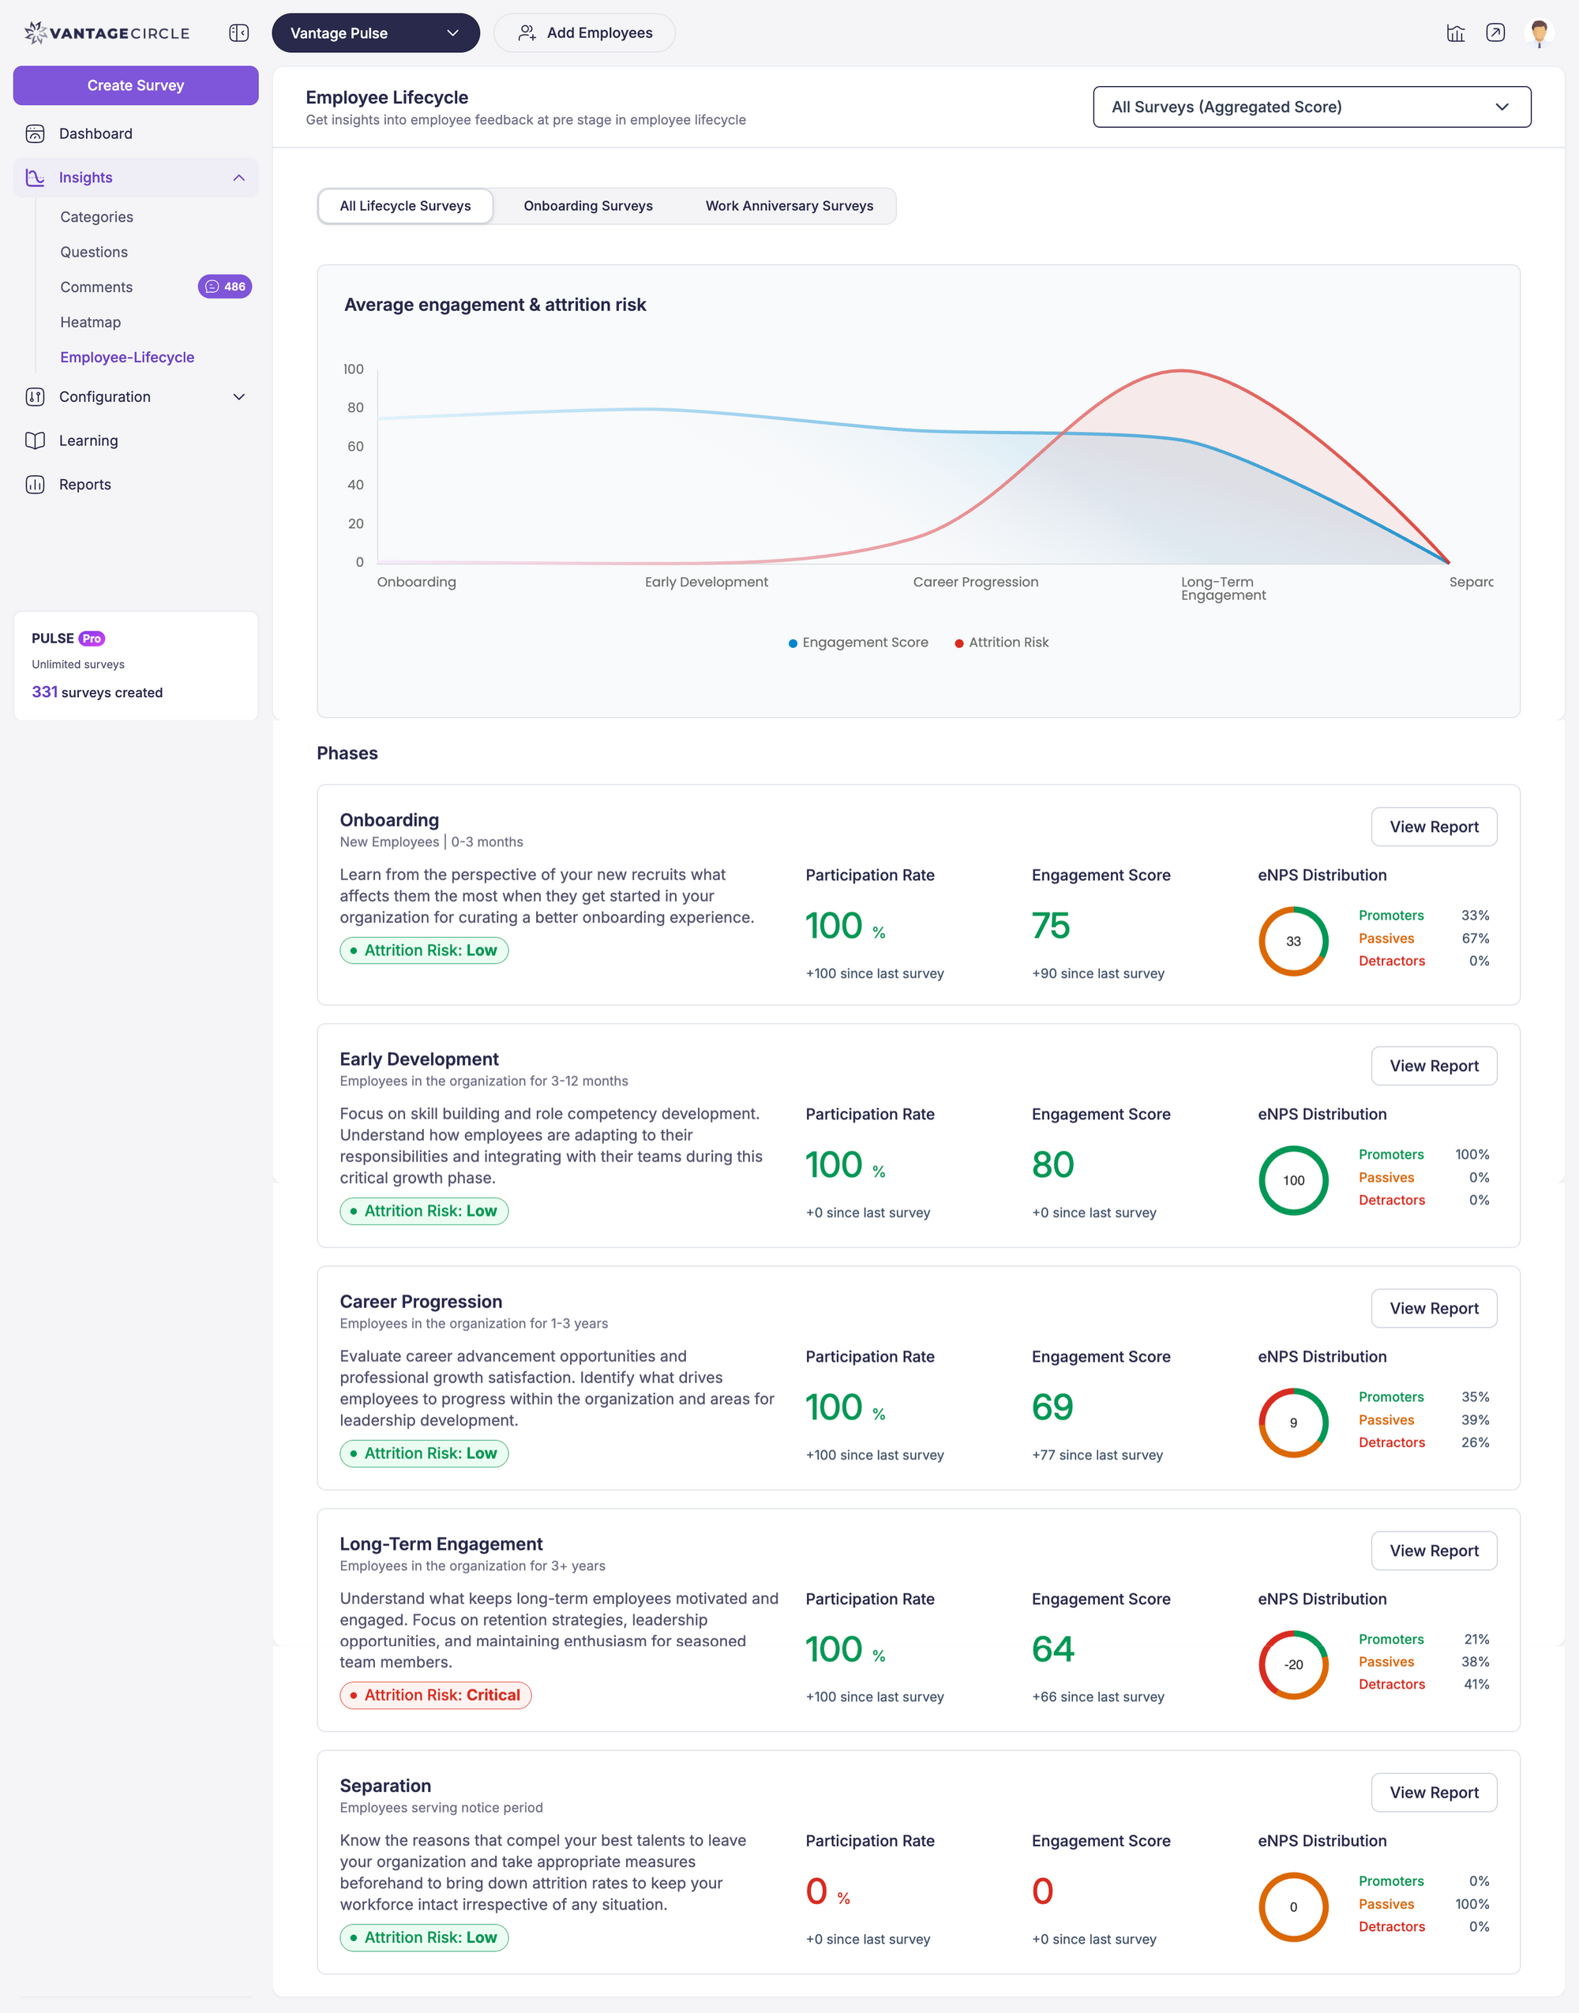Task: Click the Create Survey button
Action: (x=135, y=85)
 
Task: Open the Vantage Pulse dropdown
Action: (x=374, y=33)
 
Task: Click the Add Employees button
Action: (x=584, y=33)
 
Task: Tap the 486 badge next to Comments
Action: (x=225, y=287)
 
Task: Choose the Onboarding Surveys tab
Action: (x=588, y=206)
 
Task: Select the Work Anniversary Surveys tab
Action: (x=789, y=206)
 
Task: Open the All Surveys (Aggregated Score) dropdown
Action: (x=1311, y=107)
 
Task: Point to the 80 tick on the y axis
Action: (x=355, y=407)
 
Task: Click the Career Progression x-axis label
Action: (x=975, y=583)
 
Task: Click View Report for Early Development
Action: (x=1433, y=1066)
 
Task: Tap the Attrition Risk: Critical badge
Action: (x=436, y=1695)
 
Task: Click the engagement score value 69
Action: (x=1052, y=1407)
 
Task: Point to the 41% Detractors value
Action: (x=1476, y=1684)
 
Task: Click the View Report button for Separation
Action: (x=1433, y=1792)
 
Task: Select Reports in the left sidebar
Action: (x=84, y=484)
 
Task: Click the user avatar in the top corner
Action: (x=1538, y=33)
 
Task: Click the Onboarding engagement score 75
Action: (x=1050, y=925)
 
